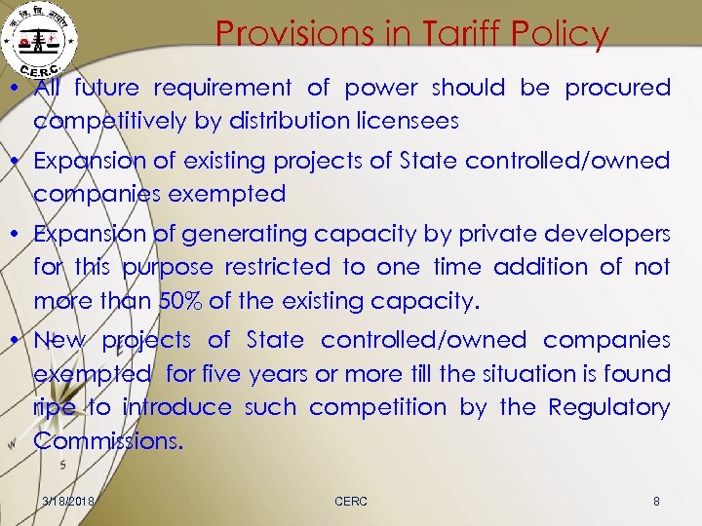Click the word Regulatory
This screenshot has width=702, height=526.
click(x=609, y=406)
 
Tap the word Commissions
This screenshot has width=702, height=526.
click(x=108, y=440)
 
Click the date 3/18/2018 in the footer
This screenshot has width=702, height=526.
click(x=68, y=501)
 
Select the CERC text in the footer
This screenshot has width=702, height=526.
click(x=351, y=501)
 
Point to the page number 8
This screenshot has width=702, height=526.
click(x=656, y=501)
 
